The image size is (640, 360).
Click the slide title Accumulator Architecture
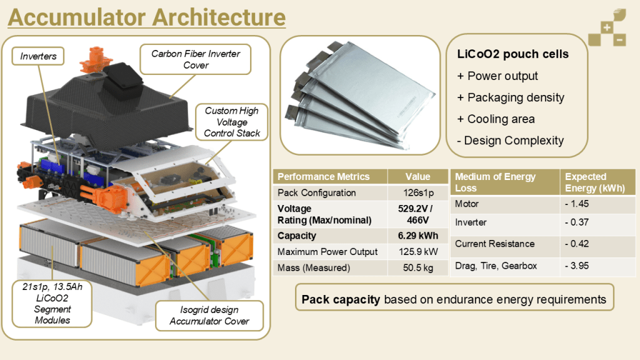146,17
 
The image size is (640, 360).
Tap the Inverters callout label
38,56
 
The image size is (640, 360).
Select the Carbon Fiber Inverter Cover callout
196,59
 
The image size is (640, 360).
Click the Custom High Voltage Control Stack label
231,122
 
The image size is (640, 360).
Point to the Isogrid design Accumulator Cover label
209,316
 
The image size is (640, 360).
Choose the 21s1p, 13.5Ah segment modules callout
52,302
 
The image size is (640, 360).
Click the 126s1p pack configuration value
417,192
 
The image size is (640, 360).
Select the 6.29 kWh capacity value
417,236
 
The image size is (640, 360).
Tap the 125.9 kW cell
417,251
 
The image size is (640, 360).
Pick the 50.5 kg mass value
417,267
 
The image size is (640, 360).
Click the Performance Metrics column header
323,176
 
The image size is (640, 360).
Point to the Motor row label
466,204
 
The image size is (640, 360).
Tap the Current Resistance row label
494,244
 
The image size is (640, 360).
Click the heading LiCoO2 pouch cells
512,54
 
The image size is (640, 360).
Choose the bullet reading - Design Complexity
510,140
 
